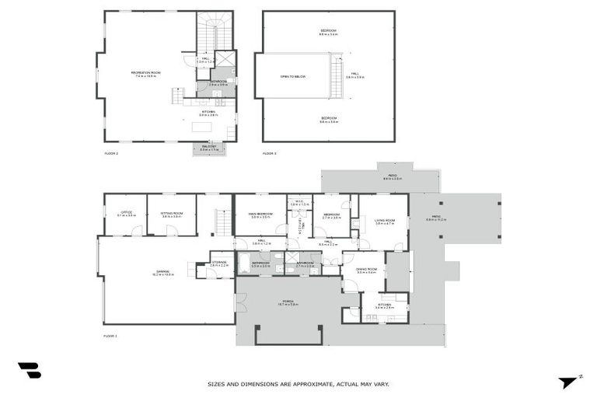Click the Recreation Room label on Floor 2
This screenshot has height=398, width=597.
coord(145,74)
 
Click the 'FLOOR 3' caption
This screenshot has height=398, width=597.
coord(269,153)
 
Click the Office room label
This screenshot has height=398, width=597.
coord(126,214)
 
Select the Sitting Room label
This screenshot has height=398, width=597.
coord(172,215)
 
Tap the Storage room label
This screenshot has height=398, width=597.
coord(218,264)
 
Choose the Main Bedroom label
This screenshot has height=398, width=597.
coord(260,215)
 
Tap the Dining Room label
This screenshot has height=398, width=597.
coord(365,271)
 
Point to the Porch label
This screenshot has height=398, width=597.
coord(288,303)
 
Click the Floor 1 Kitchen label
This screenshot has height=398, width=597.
coord(385,306)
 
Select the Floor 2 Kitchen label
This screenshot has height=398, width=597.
coord(208,113)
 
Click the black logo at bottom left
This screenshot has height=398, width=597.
coord(30,371)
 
